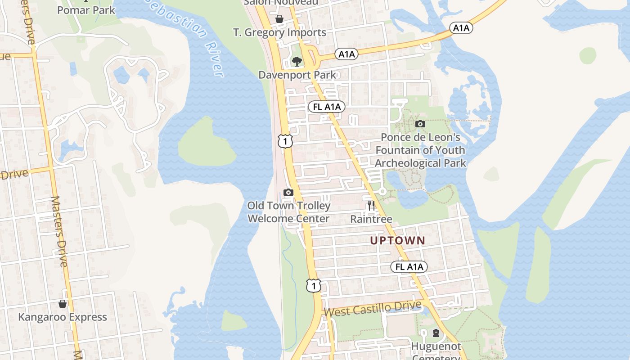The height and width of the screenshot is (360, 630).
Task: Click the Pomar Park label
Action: tap(86, 9)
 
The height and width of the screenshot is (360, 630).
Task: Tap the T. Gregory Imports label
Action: tap(279, 32)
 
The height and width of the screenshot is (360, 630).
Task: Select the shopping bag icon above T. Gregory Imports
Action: tap(279, 19)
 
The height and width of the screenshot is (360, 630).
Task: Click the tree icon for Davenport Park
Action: tap(297, 61)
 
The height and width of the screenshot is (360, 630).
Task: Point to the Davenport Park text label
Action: tap(297, 75)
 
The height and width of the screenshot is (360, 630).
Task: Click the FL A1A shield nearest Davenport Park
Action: tap(327, 107)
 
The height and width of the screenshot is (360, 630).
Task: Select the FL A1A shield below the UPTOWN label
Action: tap(409, 267)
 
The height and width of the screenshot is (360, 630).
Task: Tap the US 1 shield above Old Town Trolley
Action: tap(285, 141)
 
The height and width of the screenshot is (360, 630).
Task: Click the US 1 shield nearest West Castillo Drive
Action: tap(314, 285)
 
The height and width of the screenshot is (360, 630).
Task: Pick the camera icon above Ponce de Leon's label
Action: tap(420, 124)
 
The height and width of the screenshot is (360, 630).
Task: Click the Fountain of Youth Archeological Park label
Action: tap(420, 150)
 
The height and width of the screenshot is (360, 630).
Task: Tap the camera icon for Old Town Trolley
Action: tap(288, 193)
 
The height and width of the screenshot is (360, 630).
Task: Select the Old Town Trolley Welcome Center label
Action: tap(288, 212)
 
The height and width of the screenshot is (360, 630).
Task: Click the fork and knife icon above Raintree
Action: tap(371, 206)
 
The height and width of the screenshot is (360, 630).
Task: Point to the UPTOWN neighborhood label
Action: tap(397, 240)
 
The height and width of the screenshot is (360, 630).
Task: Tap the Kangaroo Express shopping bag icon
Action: tap(63, 304)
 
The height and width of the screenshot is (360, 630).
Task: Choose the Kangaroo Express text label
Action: tap(63, 317)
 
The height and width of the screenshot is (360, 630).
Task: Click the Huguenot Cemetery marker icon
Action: tap(436, 333)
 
